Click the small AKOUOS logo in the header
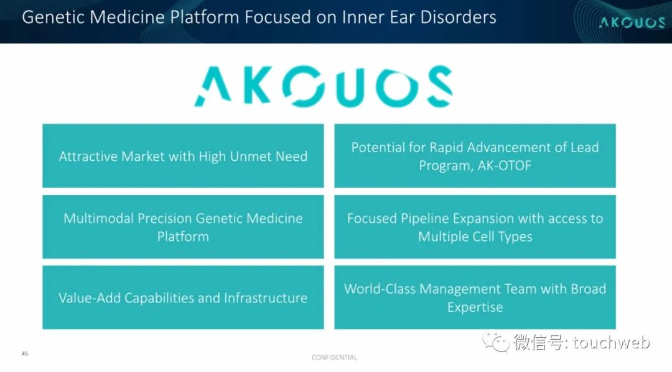632,22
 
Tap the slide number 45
25,353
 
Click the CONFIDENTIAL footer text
334,358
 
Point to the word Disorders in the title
458,17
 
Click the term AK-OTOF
505,165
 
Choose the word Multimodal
98,219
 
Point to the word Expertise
475,307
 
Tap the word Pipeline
425,219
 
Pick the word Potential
378,148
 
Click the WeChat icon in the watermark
496,342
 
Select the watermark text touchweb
611,342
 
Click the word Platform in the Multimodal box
183,237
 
